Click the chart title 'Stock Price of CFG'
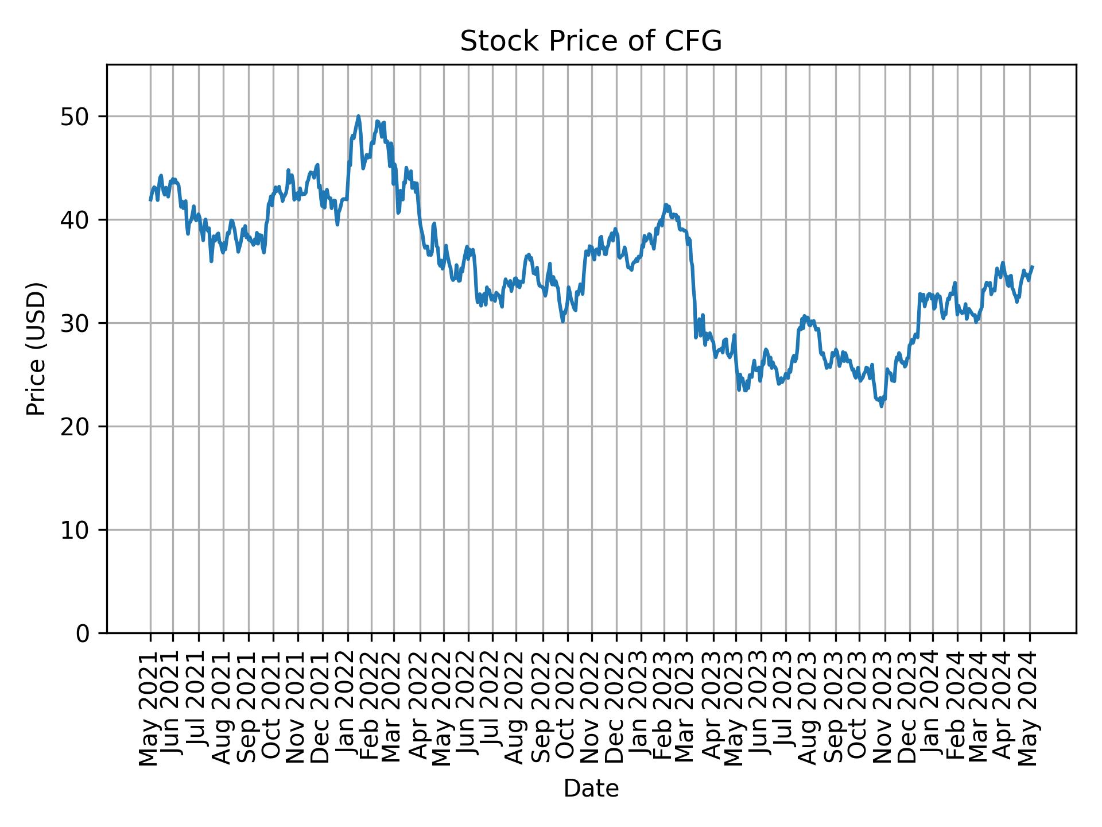591,41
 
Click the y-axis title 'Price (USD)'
36,349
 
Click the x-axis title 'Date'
591,789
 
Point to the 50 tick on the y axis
75,117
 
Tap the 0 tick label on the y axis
83,633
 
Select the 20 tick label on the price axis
75,427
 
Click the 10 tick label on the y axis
75,530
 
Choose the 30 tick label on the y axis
75,323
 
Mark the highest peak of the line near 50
358,116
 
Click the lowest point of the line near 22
882,407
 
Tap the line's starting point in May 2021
150,200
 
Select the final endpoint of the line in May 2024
1033,266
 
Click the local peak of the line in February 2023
665,204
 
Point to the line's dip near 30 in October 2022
563,321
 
